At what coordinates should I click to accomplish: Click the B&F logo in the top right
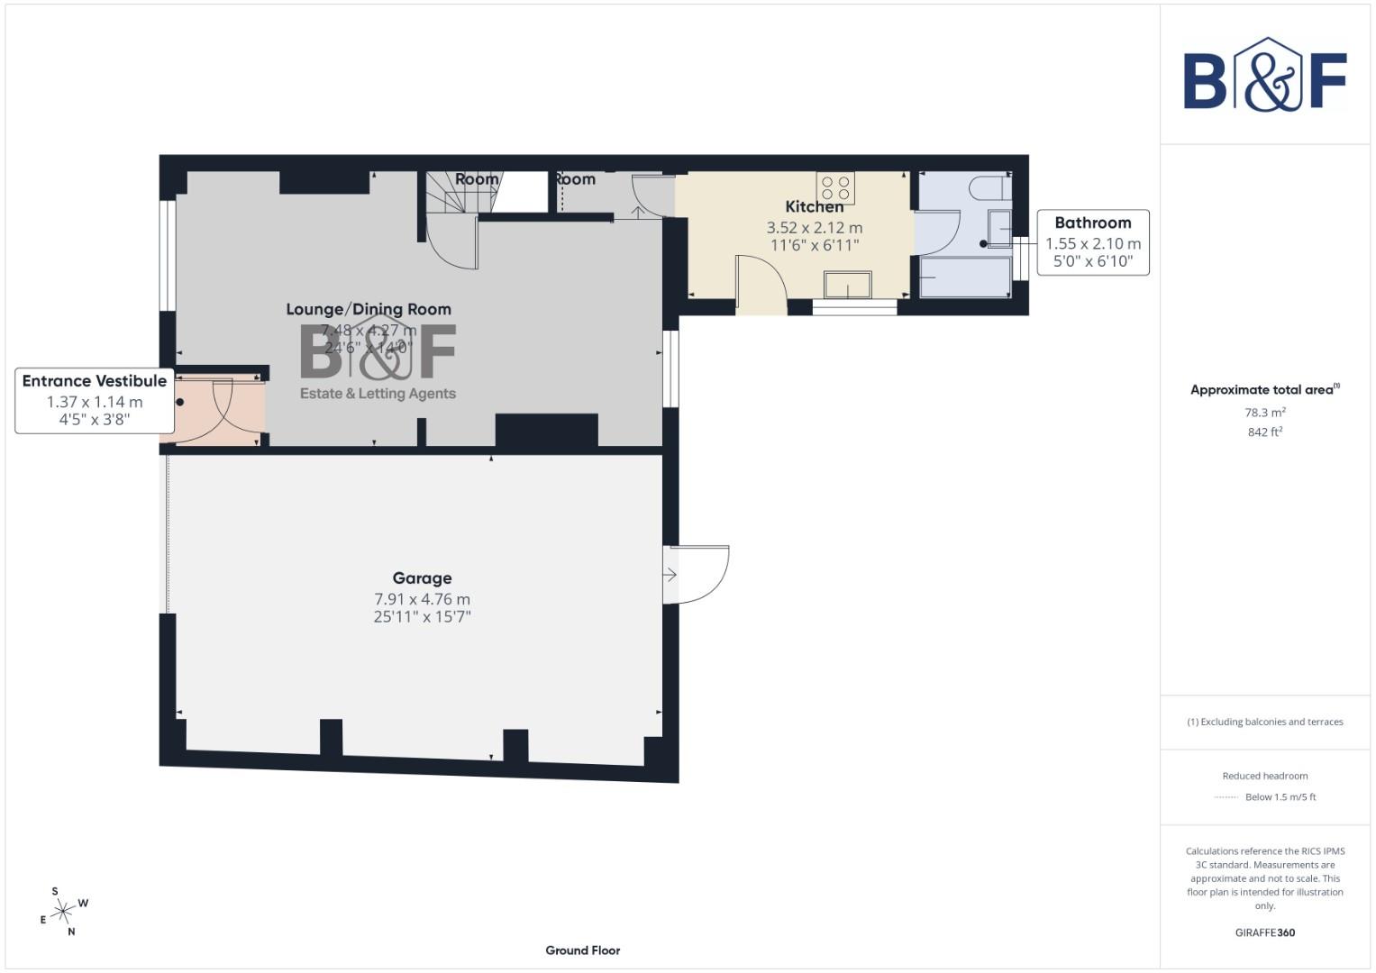click(x=1264, y=76)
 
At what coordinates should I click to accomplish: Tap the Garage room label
click(x=422, y=578)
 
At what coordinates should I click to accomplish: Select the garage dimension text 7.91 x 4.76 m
click(x=422, y=599)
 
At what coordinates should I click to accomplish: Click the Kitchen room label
click(x=814, y=207)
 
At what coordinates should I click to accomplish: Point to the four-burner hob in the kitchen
click(x=835, y=188)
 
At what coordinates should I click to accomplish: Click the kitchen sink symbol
click(x=847, y=285)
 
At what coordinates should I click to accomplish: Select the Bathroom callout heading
click(x=1092, y=223)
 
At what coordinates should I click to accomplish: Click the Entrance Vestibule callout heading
click(x=95, y=381)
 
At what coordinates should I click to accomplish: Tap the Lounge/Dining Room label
click(x=369, y=309)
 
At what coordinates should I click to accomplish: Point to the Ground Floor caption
click(x=582, y=950)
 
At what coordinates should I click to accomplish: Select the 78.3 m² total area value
click(x=1264, y=413)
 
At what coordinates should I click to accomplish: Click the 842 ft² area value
click(x=1264, y=432)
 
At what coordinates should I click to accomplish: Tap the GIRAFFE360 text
click(x=1264, y=932)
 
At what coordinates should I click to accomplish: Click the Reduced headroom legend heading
click(x=1264, y=776)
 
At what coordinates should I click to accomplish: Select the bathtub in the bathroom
click(x=964, y=277)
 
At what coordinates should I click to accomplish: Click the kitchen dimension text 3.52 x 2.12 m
click(x=814, y=228)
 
